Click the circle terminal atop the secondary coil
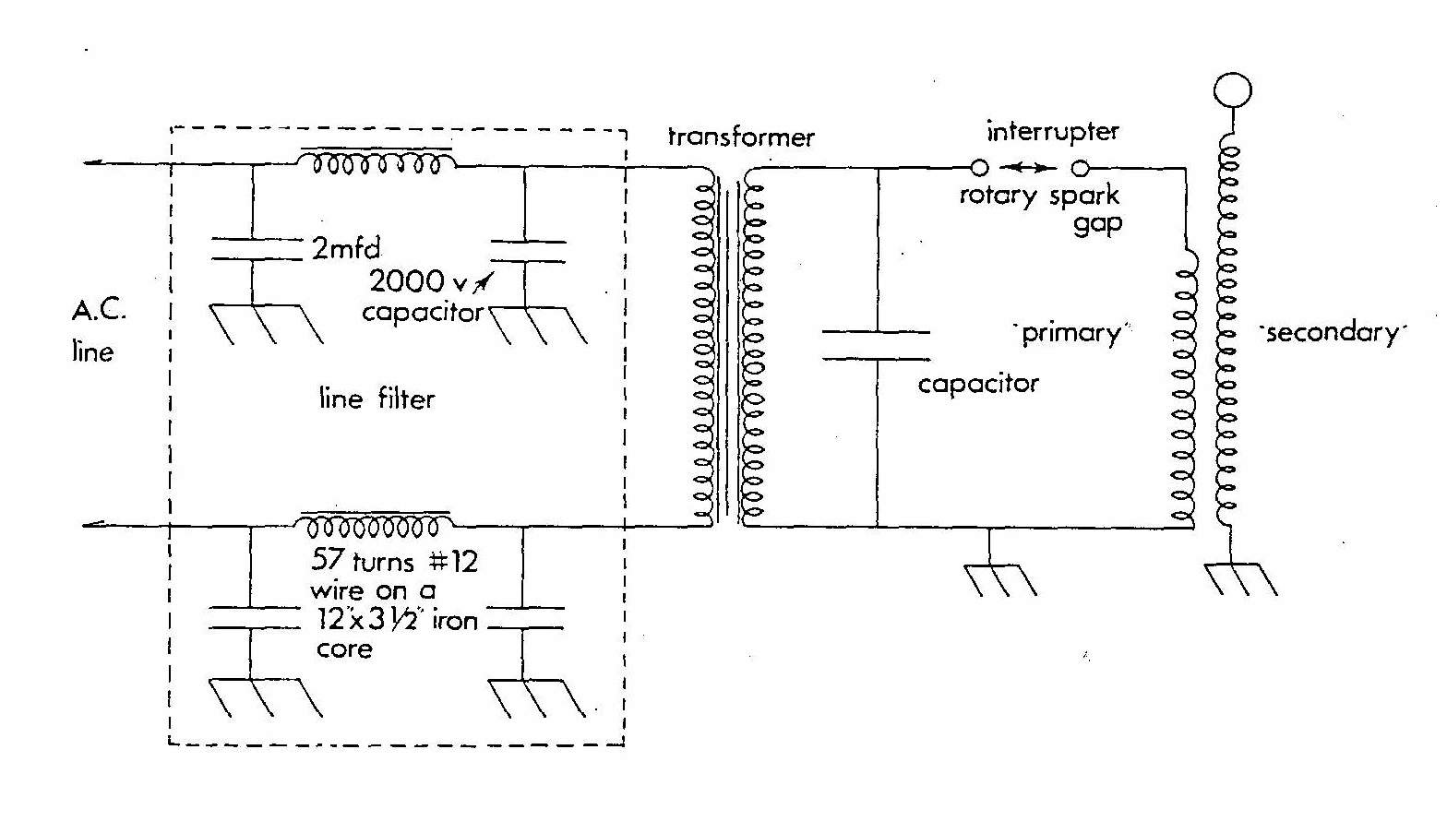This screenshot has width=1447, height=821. pyautogui.click(x=1233, y=90)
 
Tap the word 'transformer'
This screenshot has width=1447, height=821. pyautogui.click(x=741, y=137)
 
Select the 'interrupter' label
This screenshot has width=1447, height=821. pyautogui.click(x=1052, y=132)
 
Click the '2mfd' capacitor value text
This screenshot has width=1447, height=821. pyautogui.click(x=346, y=248)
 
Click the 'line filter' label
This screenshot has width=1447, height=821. pyautogui.click(x=377, y=399)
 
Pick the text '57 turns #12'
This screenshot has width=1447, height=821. pyautogui.click(x=394, y=560)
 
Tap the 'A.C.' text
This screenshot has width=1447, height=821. pyautogui.click(x=99, y=309)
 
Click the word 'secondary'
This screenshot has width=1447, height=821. pyautogui.click(x=1332, y=332)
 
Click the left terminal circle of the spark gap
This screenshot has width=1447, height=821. pyautogui.click(x=980, y=168)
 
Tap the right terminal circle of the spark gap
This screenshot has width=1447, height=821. pyautogui.click(x=1080, y=168)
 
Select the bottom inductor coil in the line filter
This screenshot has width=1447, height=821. pyautogui.click(x=373, y=527)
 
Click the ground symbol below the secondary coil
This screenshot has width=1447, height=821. pyautogui.click(x=1240, y=578)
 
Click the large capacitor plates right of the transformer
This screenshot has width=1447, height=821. pyautogui.click(x=876, y=344)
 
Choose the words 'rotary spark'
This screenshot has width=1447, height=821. pyautogui.click(x=1039, y=196)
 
